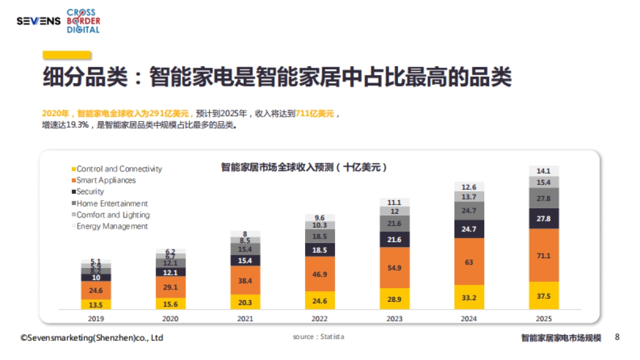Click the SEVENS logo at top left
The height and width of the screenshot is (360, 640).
coord(38,21)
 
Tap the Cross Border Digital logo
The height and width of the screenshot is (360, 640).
coord(83,21)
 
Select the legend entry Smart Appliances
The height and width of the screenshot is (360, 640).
coord(106,180)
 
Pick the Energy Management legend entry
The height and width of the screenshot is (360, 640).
coord(112,226)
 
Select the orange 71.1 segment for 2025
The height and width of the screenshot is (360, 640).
coord(543,255)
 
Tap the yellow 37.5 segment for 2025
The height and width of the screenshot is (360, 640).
coord(543,295)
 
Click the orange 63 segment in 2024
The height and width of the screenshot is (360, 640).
coord(469,262)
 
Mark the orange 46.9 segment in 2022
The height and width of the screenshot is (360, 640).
coord(320,274)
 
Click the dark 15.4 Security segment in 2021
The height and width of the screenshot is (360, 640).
coord(245,260)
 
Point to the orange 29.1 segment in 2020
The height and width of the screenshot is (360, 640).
coord(171,287)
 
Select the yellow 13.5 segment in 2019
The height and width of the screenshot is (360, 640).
coord(96,305)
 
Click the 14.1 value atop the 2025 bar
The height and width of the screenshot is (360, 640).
coord(543,171)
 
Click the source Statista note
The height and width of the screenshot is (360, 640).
coord(318,337)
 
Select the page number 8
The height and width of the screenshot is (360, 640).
coord(617,337)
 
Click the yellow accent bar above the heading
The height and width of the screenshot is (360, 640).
coord(67,54)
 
